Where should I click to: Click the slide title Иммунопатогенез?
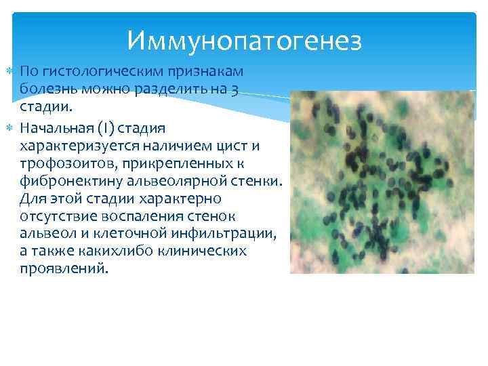[244, 42]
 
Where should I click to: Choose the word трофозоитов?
[59, 163]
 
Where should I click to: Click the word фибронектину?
[64, 181]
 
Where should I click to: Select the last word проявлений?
[63, 270]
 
